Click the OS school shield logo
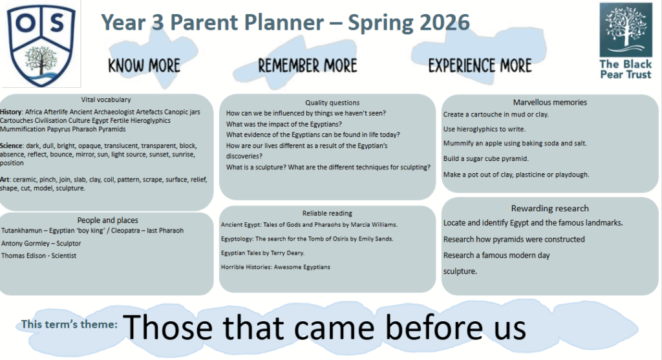pyautogui.click(x=41, y=45)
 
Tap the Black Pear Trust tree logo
pyautogui.click(x=626, y=30)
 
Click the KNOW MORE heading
pyautogui.click(x=144, y=66)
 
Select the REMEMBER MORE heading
pyautogui.click(x=307, y=66)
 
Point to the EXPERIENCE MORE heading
pyautogui.click(x=480, y=66)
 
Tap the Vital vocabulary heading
pyautogui.click(x=106, y=100)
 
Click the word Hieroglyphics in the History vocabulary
pyautogui.click(x=150, y=121)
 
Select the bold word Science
pyautogui.click(x=11, y=145)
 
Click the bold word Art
pyautogui.click(x=5, y=180)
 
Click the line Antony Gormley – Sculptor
pyautogui.click(x=41, y=243)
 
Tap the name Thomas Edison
pyautogui.click(x=24, y=255)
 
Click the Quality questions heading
pyautogui.click(x=332, y=103)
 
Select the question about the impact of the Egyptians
pyautogui.click(x=284, y=124)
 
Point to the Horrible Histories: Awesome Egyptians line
pyautogui.click(x=275, y=267)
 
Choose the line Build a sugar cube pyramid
pyautogui.click(x=486, y=159)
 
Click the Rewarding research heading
pyautogui.click(x=550, y=208)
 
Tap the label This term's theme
pyautogui.click(x=69, y=324)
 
